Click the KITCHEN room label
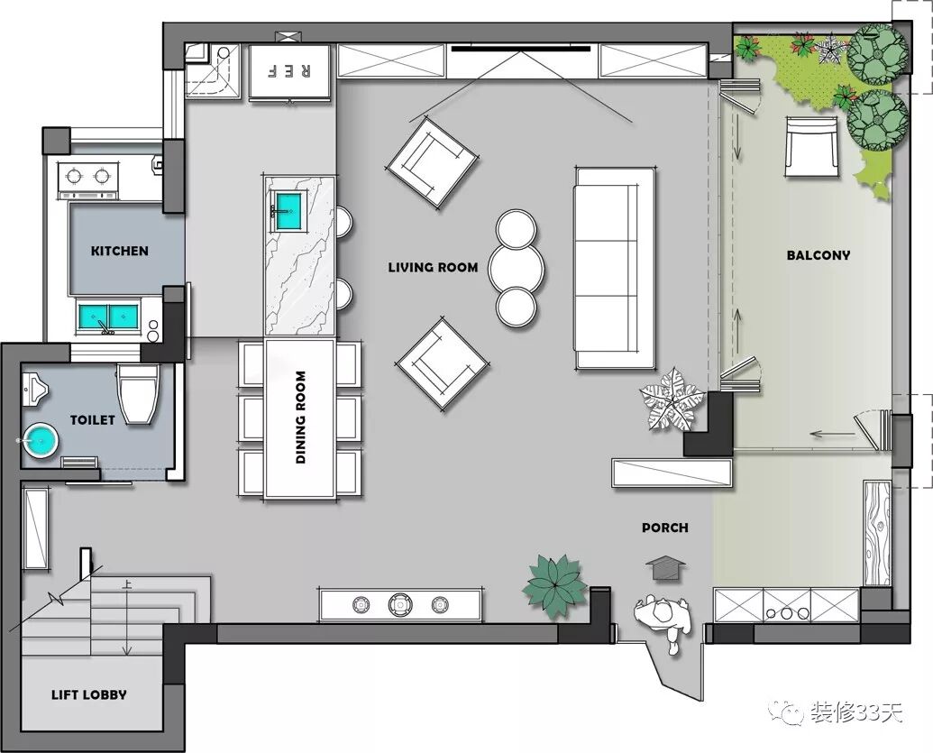pos(120,251)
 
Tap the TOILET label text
pos(93,419)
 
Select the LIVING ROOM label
pos(434,267)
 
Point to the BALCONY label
pos(819,255)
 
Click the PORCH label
pos(665,528)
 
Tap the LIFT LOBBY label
pos(89,694)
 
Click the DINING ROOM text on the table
pos(300,418)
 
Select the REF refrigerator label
pos(289,71)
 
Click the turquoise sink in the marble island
pos(289,211)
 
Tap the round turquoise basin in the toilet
pos(41,440)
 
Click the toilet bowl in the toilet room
pos(139,393)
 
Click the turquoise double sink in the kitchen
pos(107,316)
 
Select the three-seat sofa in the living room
pos(615,268)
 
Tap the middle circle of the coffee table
pos(516,268)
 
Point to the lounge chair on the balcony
pos(811,146)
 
